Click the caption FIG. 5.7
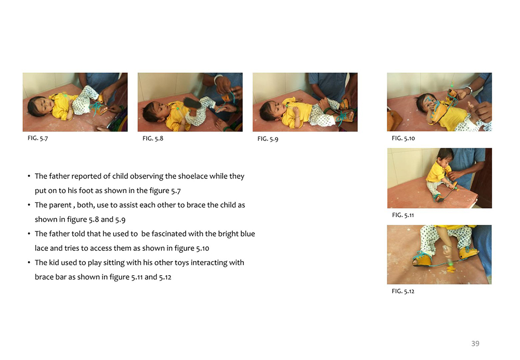coord(37,138)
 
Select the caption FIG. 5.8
coord(152,138)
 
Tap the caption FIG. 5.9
coord(268,139)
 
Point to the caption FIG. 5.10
coord(403,138)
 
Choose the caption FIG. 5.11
coord(402,215)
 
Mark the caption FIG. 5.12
coord(402,291)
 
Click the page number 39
coord(475,343)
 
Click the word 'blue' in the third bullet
coord(248,234)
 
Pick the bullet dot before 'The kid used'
coord(29,262)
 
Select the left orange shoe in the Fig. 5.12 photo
coord(422,259)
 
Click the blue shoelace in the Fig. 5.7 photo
coord(96,108)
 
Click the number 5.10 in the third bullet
coord(203,248)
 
